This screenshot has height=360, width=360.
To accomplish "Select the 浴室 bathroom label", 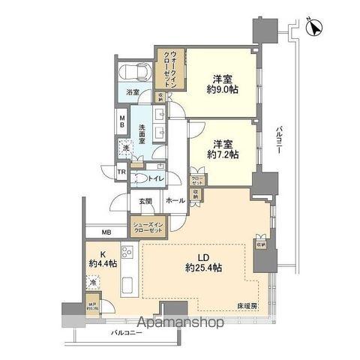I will (133, 96).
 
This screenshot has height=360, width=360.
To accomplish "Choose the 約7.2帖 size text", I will (223, 154).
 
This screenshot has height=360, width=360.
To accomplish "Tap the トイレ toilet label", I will (155, 178).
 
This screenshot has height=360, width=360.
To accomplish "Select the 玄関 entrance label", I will (145, 201).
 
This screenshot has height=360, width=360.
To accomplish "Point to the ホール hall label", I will (175, 201).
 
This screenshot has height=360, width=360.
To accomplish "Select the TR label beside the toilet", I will (121, 173).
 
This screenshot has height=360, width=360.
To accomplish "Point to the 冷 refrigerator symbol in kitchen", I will (92, 283).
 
